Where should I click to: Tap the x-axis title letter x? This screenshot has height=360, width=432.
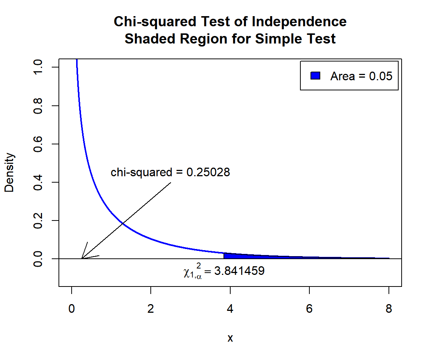tap(230, 338)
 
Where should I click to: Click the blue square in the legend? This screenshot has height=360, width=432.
tap(315, 76)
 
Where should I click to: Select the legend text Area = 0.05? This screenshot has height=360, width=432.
tap(361, 76)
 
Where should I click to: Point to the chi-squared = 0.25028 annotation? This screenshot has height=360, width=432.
tap(170, 172)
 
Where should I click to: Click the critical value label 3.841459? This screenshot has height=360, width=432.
tap(239, 271)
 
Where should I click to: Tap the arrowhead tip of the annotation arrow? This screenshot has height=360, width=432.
tap(82, 258)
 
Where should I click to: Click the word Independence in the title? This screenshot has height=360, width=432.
tap(299, 22)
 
